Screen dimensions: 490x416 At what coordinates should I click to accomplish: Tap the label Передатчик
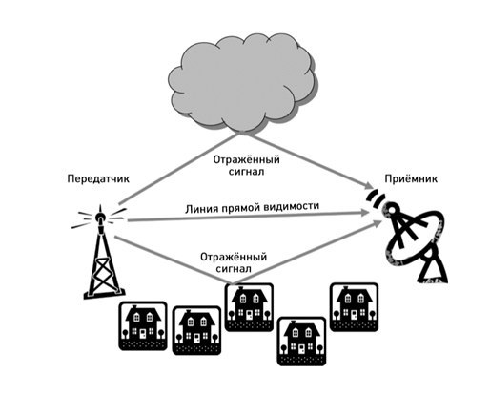(x=98, y=178)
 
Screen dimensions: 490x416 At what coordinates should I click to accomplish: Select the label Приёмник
(x=411, y=178)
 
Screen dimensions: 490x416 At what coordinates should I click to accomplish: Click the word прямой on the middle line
(x=241, y=208)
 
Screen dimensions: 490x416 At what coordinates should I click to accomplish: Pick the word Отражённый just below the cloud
(x=246, y=159)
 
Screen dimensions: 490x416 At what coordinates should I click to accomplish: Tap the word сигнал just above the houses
(x=234, y=269)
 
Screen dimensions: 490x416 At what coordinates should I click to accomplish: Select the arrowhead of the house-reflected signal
(x=376, y=223)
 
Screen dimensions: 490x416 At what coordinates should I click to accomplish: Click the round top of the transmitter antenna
(x=99, y=218)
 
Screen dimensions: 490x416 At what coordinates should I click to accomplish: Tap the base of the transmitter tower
(x=104, y=295)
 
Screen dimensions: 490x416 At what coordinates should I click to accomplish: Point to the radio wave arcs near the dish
(x=376, y=199)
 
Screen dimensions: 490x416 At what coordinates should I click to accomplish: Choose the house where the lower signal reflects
(x=249, y=307)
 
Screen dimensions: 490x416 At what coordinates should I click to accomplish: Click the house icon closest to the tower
(x=143, y=326)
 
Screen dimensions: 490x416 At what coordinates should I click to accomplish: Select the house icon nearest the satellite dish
(x=355, y=307)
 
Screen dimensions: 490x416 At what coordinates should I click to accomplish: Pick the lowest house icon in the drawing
(x=301, y=342)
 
